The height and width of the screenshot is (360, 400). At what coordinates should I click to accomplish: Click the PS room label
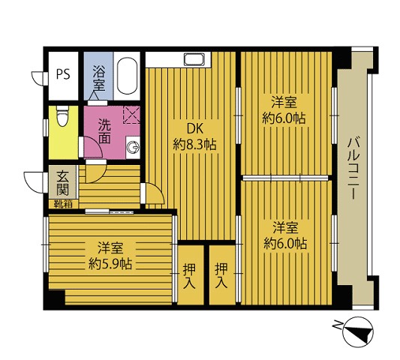click(63, 74)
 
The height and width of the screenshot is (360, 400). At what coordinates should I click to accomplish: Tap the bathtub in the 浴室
click(127, 76)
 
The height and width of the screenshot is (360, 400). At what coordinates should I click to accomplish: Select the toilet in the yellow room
click(63, 116)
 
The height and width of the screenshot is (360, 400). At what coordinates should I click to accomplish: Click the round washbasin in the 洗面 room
click(134, 147)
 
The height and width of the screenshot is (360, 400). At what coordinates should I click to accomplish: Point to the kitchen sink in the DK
click(194, 59)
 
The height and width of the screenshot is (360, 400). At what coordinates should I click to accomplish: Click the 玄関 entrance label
click(63, 183)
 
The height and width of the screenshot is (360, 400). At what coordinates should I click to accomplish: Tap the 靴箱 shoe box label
click(63, 204)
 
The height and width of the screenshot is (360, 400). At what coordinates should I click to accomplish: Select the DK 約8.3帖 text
click(194, 137)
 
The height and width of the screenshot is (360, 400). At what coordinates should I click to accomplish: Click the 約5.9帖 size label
click(110, 264)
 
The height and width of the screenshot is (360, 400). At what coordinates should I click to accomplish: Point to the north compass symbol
click(358, 332)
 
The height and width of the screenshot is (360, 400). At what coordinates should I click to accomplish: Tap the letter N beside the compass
click(337, 325)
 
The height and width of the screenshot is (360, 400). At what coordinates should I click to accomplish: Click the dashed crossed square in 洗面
click(131, 115)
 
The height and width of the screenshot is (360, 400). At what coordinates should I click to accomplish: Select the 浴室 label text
click(99, 78)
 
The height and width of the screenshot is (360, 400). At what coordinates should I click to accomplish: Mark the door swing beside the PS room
click(38, 79)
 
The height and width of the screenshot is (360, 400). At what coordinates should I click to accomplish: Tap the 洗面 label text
click(105, 132)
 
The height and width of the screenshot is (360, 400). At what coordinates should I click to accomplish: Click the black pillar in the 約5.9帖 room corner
click(56, 297)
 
